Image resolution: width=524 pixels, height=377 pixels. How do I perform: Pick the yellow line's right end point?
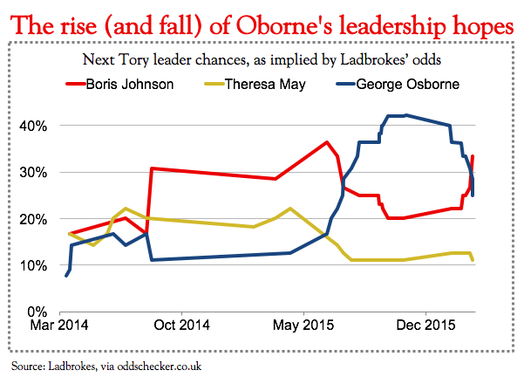pyautogui.click(x=473, y=260)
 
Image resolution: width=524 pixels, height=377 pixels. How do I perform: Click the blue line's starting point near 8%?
pyautogui.click(x=66, y=276)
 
